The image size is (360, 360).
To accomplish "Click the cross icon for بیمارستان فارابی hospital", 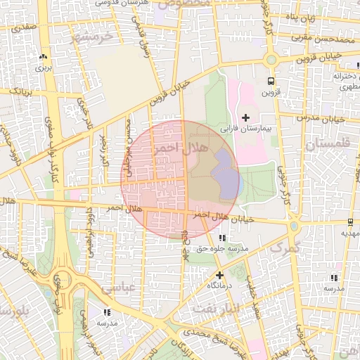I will (x=245, y=117).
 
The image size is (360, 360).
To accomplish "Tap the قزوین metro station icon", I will (x=271, y=81).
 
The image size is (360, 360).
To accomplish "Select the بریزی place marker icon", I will (x=44, y=56).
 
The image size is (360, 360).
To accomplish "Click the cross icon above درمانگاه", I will (x=220, y=275).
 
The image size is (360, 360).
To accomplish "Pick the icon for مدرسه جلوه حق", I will (x=223, y=238).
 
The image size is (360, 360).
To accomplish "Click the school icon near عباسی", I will (x=107, y=311).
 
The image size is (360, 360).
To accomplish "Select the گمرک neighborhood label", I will (x=284, y=247).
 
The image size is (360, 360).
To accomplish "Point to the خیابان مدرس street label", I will (x=323, y=117).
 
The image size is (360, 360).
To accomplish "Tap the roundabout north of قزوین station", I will (x=271, y=60).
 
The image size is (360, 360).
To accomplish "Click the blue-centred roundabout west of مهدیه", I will (x=294, y=226).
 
